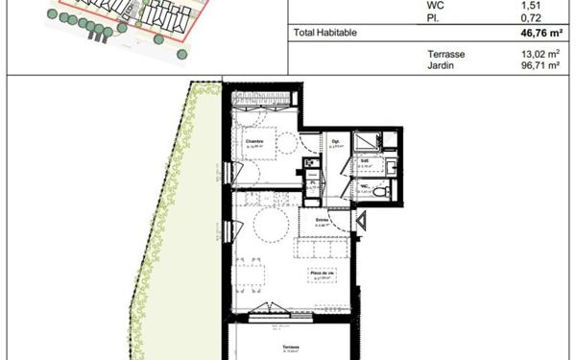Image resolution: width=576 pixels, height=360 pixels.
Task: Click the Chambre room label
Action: coord(253,142)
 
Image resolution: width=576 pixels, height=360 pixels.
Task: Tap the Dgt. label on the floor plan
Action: coord(335,142)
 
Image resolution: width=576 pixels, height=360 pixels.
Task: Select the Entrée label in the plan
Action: coord(323,220)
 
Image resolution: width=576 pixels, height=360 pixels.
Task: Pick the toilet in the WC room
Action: coord(380,191)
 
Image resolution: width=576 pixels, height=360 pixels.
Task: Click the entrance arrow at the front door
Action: coord(362,224)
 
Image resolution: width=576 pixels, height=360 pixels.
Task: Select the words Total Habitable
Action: coord(325,32)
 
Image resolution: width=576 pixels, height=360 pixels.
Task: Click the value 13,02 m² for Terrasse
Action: coord(540,54)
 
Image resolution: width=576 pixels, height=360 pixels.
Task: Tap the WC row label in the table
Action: coord(436,4)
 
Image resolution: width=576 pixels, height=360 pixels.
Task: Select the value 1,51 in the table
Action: coord(547,4)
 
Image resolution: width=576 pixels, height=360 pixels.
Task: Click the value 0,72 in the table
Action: coord(547,15)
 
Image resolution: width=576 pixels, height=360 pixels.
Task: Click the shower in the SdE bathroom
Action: coord(368,144)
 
